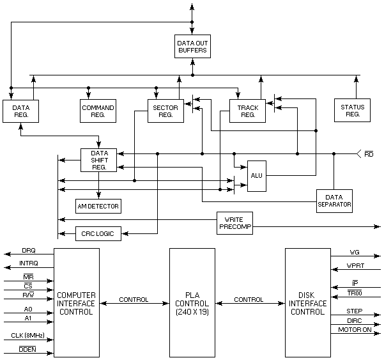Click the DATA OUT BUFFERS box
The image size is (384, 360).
pos(192,46)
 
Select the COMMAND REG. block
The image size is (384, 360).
pos(98,112)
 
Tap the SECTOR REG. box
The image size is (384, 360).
pos(165,112)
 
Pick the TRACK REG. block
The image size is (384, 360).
pos(247,112)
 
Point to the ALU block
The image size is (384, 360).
pos(256,175)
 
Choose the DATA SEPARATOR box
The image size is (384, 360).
pos(334,201)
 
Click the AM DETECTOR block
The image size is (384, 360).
pos(98,206)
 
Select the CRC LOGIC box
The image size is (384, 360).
pos(98,233)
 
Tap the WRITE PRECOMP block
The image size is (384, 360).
pos(234,223)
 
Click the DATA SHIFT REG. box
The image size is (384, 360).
pos(99,159)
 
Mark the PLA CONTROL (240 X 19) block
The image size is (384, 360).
pos(192,302)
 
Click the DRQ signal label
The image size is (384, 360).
pos(29,250)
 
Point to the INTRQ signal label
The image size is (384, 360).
pos(29,263)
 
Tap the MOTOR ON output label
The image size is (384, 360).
pos(355,330)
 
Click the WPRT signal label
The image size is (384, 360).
pos(355,266)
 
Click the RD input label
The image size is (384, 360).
pos(369,154)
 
